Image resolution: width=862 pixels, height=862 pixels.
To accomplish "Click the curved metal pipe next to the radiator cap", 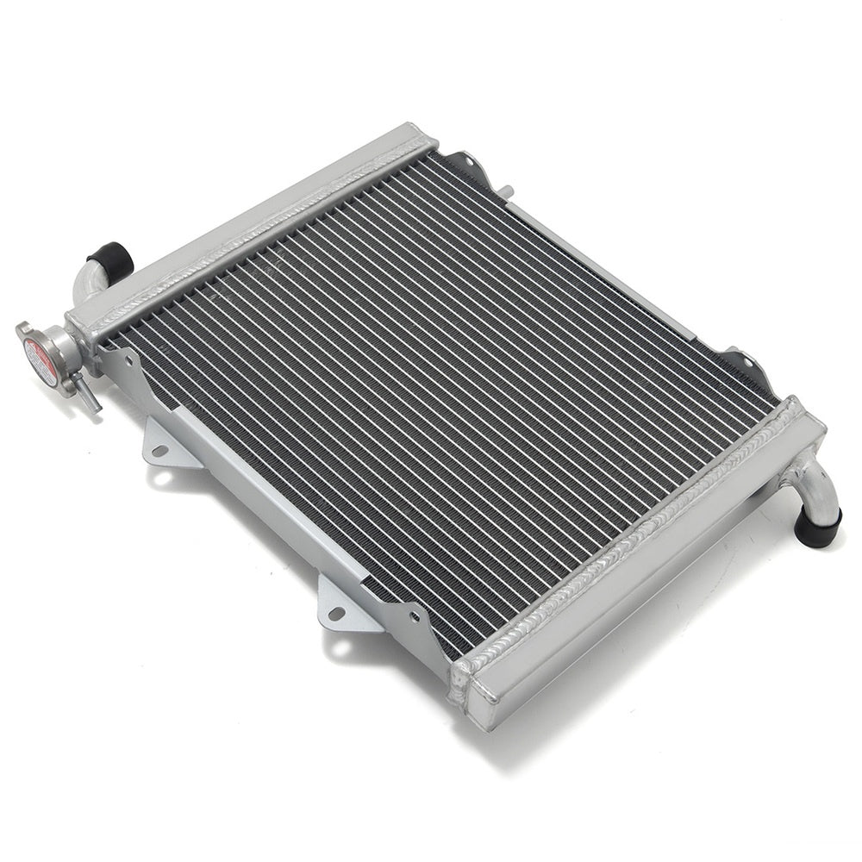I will [x=89, y=279].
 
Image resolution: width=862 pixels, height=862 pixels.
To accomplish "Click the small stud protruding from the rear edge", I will [x=509, y=191].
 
